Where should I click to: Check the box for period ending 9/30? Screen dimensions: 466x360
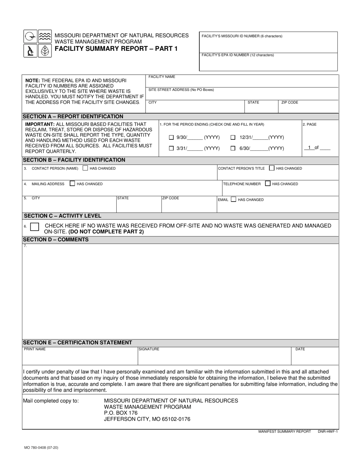pyautogui.click(x=171, y=138)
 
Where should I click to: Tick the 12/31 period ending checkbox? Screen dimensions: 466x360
pyautogui.click(x=233, y=138)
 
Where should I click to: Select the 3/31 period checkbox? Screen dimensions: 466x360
pyautogui.click(x=171, y=149)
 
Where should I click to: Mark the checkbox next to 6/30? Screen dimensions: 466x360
pyautogui.click(x=233, y=149)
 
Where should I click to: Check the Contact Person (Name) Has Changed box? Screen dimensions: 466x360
pyautogui.click(x=85, y=168)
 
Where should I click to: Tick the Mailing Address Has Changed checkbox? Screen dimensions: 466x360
pyautogui.click(x=72, y=184)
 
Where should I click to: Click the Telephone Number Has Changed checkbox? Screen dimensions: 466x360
pyautogui.click(x=268, y=184)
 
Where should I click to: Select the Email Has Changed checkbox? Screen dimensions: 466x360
pyautogui.click(x=233, y=199)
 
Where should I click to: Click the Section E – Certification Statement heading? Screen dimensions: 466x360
pyautogui.click(x=78, y=342)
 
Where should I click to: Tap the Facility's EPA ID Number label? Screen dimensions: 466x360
pyautogui.click(x=238, y=55)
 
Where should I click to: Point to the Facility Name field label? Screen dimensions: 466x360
pyautogui.click(x=162, y=77)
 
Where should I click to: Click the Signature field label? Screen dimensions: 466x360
pyautogui.click(x=149, y=349)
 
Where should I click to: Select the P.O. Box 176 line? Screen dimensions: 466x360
pyautogui.click(x=121, y=413)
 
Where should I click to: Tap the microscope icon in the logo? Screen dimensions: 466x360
pyautogui.click(x=30, y=50)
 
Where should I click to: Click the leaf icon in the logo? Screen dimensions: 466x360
pyautogui.click(x=45, y=50)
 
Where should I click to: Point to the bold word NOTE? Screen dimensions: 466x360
pyautogui.click(x=33, y=81)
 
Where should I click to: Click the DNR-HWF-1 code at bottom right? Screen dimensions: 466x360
pyautogui.click(x=327, y=432)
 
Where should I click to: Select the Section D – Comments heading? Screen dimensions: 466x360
pyautogui.click(x=56, y=239)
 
